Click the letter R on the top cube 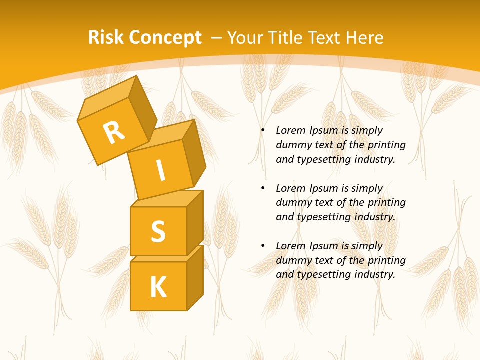[x=114, y=132]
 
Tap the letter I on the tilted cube [x=161, y=171]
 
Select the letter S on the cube [x=158, y=231]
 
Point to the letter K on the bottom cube [x=158, y=287]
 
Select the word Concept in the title [x=165, y=38]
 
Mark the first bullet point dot [x=263, y=131]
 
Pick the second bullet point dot [x=263, y=188]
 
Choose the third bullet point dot [x=263, y=246]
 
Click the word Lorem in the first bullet [x=291, y=131]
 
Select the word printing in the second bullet [x=387, y=203]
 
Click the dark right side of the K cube [x=195, y=277]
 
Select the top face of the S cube [x=167, y=198]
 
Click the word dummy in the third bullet [x=294, y=260]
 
